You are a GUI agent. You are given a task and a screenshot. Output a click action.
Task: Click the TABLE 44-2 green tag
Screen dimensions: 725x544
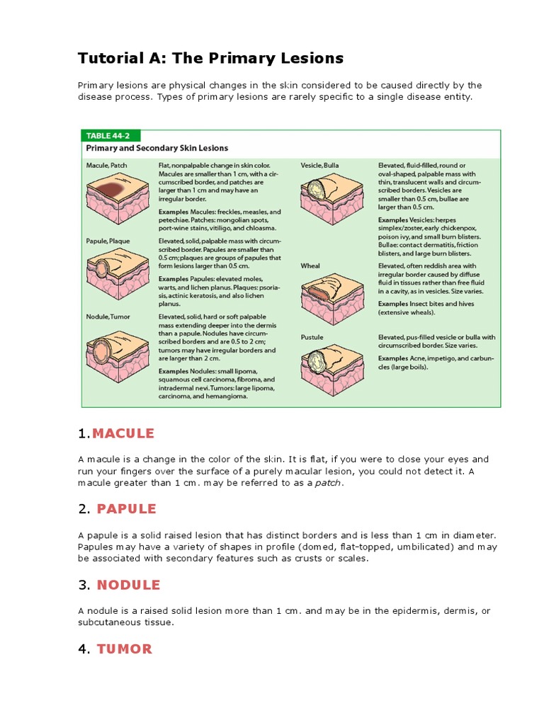[110, 135]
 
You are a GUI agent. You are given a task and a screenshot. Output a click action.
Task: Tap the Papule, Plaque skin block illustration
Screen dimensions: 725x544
[117, 273]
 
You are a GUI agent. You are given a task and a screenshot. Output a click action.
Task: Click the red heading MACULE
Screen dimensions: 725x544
[123, 433]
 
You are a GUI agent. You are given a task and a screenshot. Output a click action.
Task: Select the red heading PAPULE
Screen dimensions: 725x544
[127, 509]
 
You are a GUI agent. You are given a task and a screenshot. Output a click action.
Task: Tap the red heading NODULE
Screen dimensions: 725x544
[128, 585]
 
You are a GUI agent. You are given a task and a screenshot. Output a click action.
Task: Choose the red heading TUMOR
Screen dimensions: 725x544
[125, 649]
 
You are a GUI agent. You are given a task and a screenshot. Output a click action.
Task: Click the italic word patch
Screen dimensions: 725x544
[328, 483]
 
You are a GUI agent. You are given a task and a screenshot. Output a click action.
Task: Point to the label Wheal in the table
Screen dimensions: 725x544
[310, 266]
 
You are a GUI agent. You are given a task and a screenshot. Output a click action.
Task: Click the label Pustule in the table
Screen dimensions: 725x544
[312, 337]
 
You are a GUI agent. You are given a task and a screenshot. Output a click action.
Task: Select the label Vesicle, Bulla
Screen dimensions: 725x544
[319, 166]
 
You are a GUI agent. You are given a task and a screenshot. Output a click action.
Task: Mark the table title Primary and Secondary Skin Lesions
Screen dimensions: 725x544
[157, 149]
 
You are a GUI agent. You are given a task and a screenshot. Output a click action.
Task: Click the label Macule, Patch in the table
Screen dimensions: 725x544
[107, 166]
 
